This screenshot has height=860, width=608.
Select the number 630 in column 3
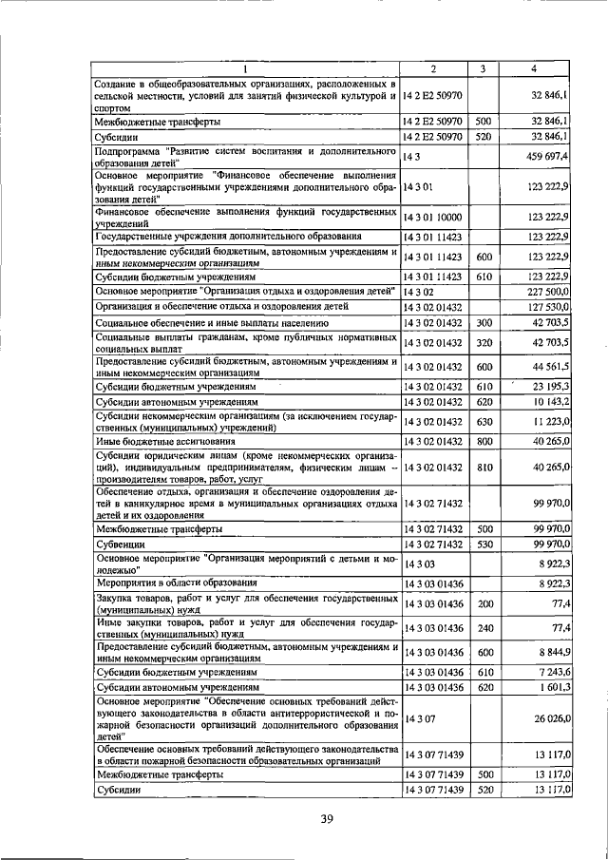484,421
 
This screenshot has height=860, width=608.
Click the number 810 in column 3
484,467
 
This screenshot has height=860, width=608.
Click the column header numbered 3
483,68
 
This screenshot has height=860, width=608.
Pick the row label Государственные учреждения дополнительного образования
227,235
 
